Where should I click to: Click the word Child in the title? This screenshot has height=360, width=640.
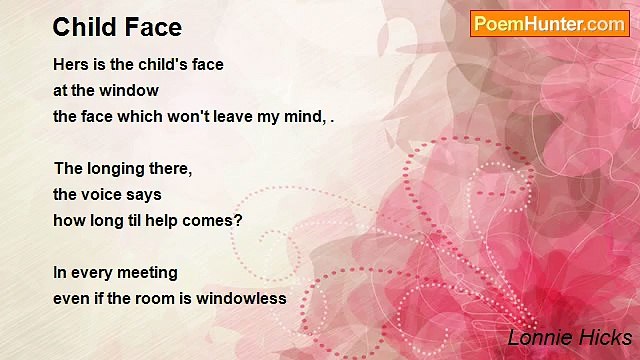coord(82,26)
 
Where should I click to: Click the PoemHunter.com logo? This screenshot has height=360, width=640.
coord(549,24)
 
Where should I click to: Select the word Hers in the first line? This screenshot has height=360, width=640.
coord(70,64)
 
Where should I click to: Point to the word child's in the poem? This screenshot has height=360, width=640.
coord(160,64)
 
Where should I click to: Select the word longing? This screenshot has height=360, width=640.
coord(119,168)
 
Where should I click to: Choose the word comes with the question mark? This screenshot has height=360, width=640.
coord(215,220)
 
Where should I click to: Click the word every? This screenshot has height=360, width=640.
coord(92,272)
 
